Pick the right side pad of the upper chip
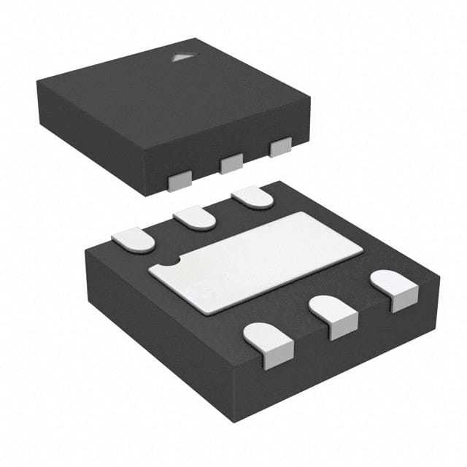(281, 147)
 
